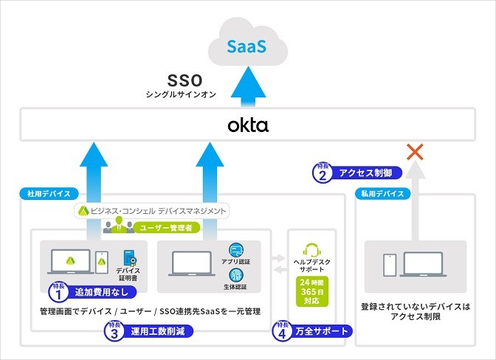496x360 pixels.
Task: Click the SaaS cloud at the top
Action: (x=247, y=46)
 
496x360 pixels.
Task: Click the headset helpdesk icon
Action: (x=311, y=251)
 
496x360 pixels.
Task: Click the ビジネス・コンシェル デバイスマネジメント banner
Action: (x=151, y=211)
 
